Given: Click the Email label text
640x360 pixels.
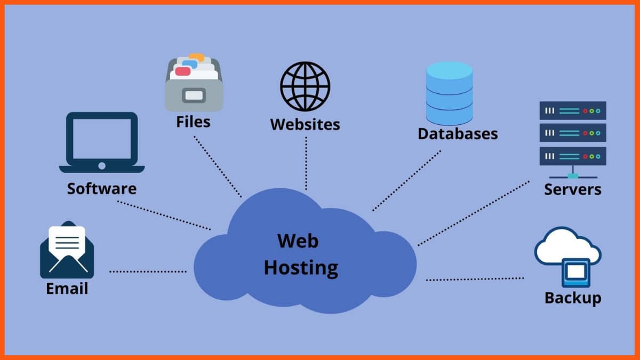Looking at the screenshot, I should click(67, 289).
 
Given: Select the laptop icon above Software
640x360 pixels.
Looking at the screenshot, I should click(101, 142).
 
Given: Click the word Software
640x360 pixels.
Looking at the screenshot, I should click(101, 188).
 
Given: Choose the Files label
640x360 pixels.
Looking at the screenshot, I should click(193, 122).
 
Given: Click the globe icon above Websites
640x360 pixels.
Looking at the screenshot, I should click(305, 86).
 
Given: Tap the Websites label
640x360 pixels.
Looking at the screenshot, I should click(305, 124).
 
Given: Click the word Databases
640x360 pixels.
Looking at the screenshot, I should click(458, 133).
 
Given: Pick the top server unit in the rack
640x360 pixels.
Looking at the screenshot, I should click(573, 110).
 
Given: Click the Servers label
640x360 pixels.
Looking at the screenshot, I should click(572, 189).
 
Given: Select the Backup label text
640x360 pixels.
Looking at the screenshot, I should click(572, 298).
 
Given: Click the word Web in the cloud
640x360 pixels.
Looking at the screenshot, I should click(298, 241).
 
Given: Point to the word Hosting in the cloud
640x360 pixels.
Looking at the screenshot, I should click(301, 267).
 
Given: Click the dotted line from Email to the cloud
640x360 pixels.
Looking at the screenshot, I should click(148, 271).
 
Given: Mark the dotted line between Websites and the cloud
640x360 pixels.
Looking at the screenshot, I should click(306, 163).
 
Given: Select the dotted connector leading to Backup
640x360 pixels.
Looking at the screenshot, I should click(475, 278).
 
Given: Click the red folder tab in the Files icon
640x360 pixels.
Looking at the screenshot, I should click(182, 71).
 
